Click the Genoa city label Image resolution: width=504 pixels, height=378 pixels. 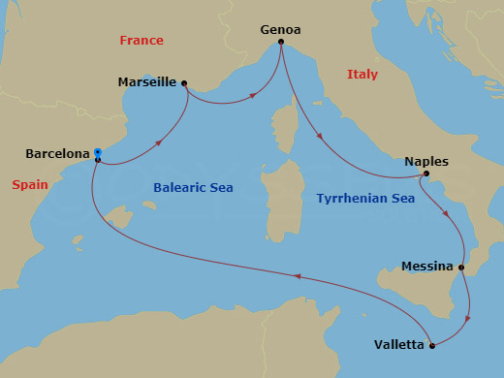(x=280, y=29)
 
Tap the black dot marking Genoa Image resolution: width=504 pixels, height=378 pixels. (x=280, y=42)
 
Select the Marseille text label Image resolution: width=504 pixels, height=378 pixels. (x=146, y=82)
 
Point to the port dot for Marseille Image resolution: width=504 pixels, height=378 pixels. (x=184, y=83)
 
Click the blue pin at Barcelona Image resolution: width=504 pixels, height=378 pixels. (x=98, y=153)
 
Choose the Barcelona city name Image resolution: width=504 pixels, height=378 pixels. (x=58, y=153)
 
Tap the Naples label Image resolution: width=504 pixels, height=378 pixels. (x=426, y=162)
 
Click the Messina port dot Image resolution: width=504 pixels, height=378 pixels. (x=461, y=268)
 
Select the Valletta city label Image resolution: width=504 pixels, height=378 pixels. (x=398, y=345)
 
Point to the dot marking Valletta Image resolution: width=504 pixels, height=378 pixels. (x=432, y=345)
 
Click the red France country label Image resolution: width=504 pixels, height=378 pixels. (x=141, y=41)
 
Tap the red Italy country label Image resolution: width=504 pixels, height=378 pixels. (x=362, y=75)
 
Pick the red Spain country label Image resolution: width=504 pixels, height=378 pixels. (x=30, y=184)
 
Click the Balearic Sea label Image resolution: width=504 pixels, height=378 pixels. (x=194, y=187)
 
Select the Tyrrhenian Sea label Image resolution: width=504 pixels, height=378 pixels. (x=365, y=198)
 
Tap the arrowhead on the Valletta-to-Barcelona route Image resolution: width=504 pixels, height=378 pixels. (x=298, y=276)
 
